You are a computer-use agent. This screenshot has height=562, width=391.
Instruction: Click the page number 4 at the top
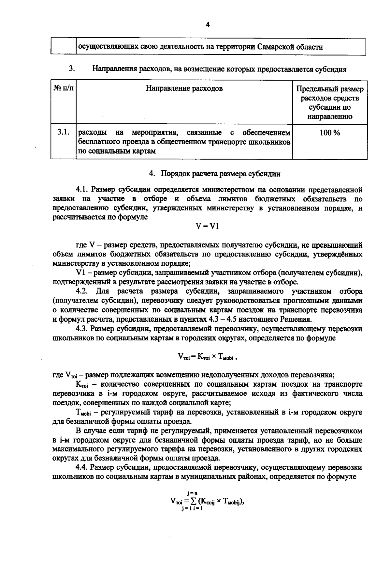click(208, 25)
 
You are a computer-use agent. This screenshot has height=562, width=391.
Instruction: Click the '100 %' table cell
click(329, 133)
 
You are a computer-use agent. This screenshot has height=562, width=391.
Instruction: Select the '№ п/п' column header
click(63, 89)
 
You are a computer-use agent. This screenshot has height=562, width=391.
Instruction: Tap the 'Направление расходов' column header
click(184, 89)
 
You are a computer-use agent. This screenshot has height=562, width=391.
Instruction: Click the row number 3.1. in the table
click(63, 133)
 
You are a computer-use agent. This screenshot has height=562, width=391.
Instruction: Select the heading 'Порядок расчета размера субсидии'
click(221, 174)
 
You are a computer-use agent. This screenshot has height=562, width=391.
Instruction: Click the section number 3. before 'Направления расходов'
click(72, 69)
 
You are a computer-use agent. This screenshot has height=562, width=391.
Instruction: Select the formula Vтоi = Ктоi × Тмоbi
click(206, 357)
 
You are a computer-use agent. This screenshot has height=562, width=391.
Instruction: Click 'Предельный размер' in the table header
click(329, 89)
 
